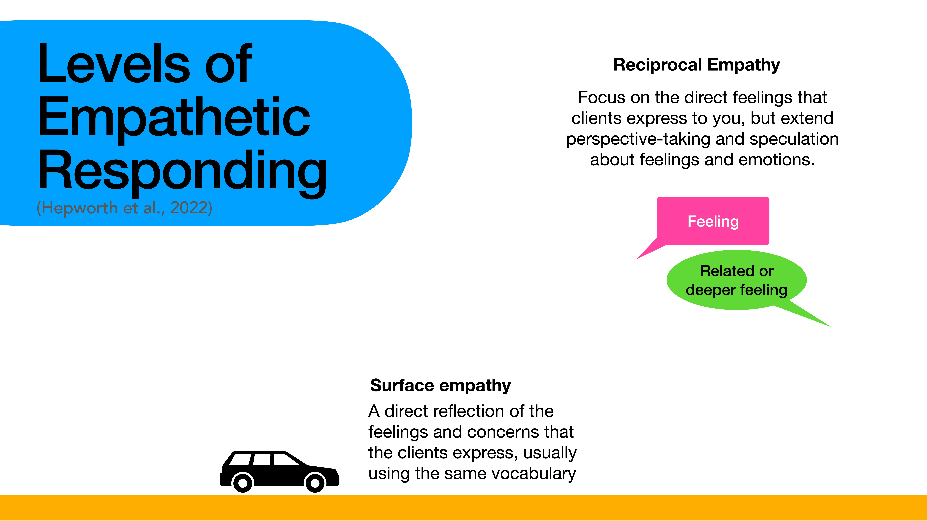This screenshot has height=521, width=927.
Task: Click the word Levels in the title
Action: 113,64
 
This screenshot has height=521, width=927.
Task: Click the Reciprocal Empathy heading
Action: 696,65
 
